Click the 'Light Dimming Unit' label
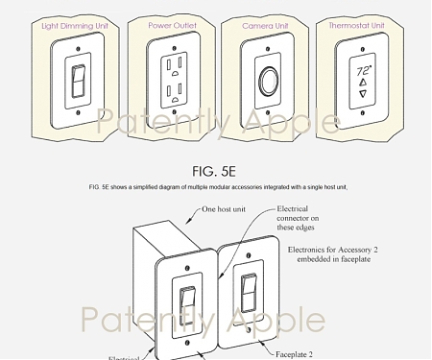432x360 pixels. [78, 26]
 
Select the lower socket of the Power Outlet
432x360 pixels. [174, 95]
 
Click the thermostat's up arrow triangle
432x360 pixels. [362, 84]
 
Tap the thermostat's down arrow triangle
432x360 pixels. [362, 96]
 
